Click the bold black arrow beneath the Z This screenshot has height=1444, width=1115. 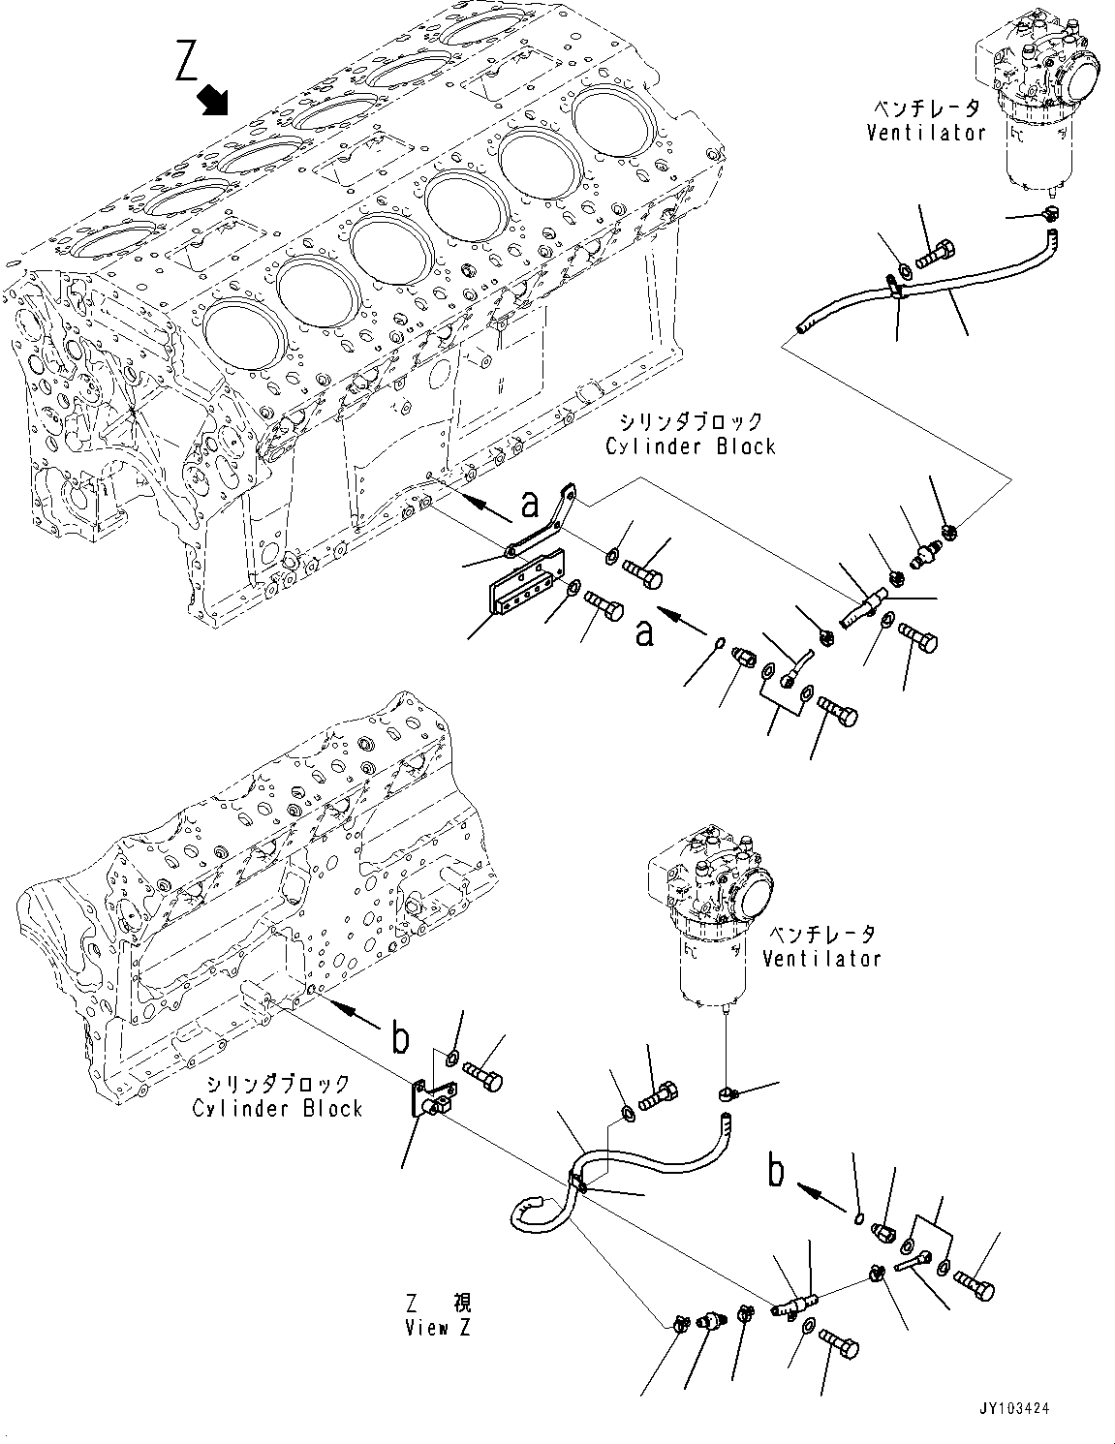pos(212,100)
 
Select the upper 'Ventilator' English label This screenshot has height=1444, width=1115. pos(925,134)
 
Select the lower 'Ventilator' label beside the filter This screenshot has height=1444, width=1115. pos(821,959)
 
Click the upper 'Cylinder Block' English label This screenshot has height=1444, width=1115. pos(691,446)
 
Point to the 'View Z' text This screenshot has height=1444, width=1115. pos(438,1328)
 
